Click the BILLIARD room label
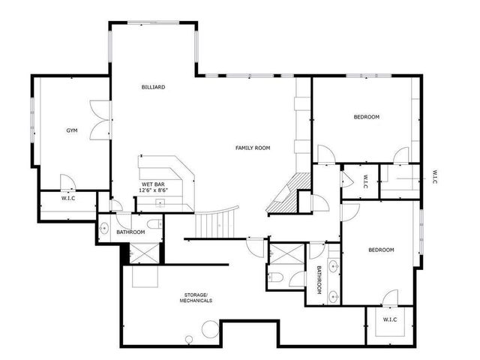point(153,87)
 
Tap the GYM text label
point(72,130)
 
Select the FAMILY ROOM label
point(252,148)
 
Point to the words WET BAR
point(153,184)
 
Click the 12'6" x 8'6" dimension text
point(153,190)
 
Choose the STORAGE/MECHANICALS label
point(195,297)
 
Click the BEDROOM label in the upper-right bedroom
point(367,117)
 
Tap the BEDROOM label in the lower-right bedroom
point(380,250)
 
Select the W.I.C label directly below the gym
point(68,199)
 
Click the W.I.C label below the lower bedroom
point(389,319)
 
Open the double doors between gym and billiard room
point(100,120)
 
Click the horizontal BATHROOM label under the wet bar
point(130,232)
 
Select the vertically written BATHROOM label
point(319,280)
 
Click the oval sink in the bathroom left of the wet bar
point(104,226)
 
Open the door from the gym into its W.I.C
point(66,181)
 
